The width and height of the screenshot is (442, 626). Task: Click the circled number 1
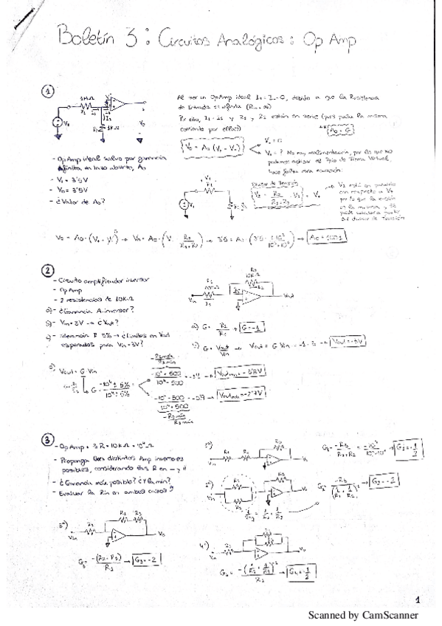[x=49, y=91]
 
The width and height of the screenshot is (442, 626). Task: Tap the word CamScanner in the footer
[x=391, y=615]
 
